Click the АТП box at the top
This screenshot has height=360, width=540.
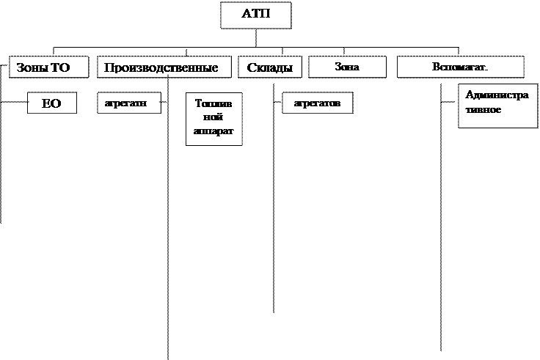tap(255, 15)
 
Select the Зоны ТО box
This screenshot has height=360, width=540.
tap(49, 67)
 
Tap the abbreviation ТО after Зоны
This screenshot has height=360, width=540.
tap(60, 68)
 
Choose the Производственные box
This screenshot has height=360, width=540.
tap(161, 67)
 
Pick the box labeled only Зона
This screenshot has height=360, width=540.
tap(347, 67)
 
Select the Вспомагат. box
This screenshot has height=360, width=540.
tap(460, 67)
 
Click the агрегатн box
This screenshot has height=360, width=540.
tap(128, 103)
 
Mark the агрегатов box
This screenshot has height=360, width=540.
tap(317, 103)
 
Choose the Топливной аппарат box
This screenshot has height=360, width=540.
tap(214, 120)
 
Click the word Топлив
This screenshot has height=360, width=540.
tap(214, 104)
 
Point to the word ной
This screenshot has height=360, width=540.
tap(214, 117)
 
